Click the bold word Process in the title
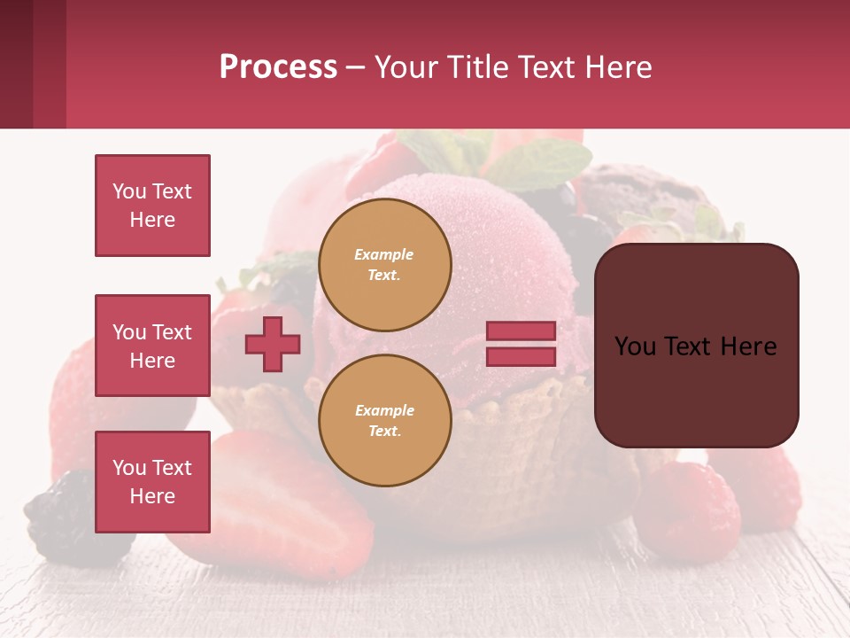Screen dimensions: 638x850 [x=278, y=67]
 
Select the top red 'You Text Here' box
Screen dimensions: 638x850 [x=152, y=206]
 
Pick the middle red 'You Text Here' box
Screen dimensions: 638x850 [x=152, y=346]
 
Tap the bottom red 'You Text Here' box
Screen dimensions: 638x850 [x=152, y=481]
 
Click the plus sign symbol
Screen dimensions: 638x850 [x=273, y=343]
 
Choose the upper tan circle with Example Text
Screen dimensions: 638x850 [x=384, y=264]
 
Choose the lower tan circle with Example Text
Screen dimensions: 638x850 [x=384, y=420]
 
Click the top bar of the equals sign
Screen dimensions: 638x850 [x=521, y=331]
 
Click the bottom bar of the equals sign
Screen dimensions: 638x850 [x=521, y=356]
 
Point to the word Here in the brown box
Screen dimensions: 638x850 [x=748, y=346]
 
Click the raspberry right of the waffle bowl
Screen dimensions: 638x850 [x=686, y=514]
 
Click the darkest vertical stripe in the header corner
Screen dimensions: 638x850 [x=16, y=64]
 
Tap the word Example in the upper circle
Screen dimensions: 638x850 [x=383, y=254]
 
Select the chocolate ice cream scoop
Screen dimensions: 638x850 [x=646, y=199]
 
